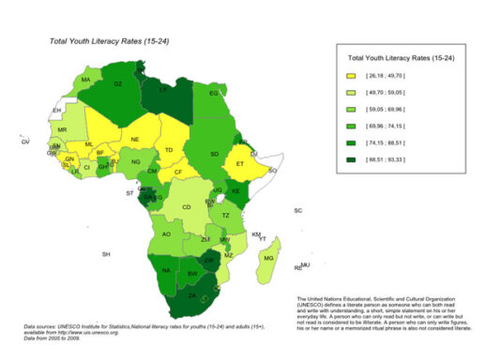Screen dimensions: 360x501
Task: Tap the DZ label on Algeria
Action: pos(117,84)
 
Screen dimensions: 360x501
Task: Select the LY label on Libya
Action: pos(163,90)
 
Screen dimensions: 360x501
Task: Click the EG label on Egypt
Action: pos(214,94)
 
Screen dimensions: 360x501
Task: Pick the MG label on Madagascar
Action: pos(269,258)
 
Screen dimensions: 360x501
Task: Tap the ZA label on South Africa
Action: pos(191,296)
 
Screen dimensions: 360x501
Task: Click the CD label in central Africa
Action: pos(187,207)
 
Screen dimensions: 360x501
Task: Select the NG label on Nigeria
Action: pos(136,162)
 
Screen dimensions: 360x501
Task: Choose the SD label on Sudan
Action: pos(214,154)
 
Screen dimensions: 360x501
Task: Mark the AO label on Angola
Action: pos(167,234)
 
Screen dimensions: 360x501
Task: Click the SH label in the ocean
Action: pos(107,255)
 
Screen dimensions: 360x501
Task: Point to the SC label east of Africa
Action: pos(298,211)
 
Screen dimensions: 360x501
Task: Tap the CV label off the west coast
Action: pos(25,142)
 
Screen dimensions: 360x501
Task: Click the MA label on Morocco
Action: pos(85,80)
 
